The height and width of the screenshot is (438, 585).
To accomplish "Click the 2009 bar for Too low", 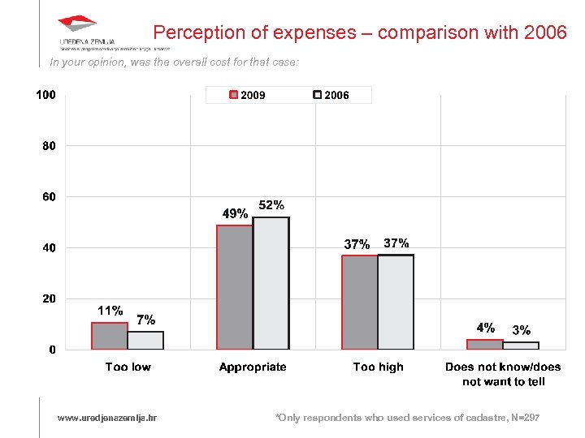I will [110, 336].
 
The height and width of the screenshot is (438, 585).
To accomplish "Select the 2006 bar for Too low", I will [145, 341].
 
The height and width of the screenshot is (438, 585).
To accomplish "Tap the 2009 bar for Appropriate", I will [235, 287].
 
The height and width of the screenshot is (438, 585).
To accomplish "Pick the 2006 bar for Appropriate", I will [271, 283].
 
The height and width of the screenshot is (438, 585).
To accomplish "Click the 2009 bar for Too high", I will [360, 303].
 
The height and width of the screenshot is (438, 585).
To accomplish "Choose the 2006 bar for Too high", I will [396, 303].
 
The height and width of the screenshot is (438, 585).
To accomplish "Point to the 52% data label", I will [271, 205].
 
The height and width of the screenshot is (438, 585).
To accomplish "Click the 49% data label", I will [236, 214].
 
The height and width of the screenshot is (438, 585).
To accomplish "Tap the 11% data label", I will [110, 311].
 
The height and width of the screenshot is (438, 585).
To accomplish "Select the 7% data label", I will [146, 320].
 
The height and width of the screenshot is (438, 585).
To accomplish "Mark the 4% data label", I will [485, 328].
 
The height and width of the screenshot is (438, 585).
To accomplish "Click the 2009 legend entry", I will [248, 95].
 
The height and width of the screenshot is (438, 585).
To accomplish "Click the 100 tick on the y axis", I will [45, 95].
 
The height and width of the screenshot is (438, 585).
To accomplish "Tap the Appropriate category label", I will [253, 367].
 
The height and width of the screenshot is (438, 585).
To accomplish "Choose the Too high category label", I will [378, 367].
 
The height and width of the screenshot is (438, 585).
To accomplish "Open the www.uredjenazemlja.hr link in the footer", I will [107, 418].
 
